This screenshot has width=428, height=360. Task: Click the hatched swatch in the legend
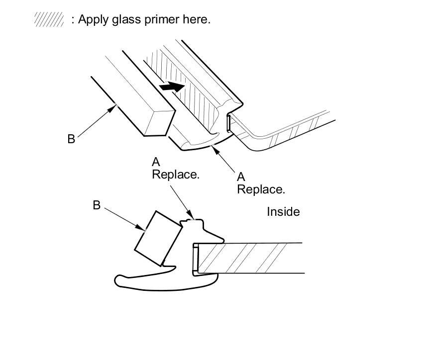[49, 20]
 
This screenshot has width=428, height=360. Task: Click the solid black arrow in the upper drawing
[172, 86]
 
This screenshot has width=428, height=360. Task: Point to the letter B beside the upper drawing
[71, 139]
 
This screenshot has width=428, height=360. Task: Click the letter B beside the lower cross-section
[97, 205]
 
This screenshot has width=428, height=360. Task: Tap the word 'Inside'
[283, 212]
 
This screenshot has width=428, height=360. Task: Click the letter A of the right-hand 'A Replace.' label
[241, 177]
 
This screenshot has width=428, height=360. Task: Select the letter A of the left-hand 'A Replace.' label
[156, 162]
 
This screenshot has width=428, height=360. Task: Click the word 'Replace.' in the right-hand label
[261, 189]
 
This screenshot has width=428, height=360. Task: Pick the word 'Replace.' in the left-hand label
[176, 175]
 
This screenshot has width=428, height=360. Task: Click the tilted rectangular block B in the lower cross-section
[157, 238]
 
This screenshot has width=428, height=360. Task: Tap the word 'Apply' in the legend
[90, 20]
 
